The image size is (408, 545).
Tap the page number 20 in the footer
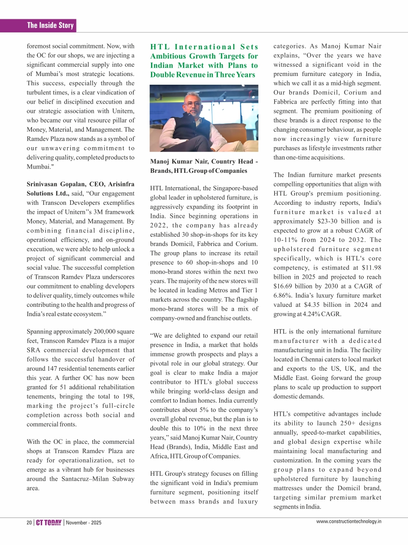tap(29, 523)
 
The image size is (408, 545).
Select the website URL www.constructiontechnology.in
tap(349, 522)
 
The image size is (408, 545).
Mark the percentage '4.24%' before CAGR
tap(316, 313)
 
